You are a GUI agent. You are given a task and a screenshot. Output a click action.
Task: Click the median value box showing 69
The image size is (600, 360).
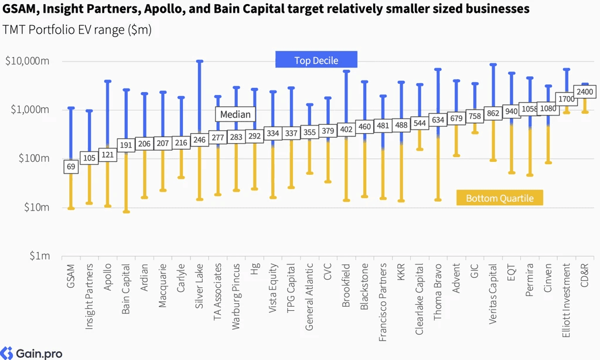coord(71,167)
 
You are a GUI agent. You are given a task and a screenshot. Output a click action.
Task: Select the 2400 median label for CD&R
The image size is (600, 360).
coord(585,92)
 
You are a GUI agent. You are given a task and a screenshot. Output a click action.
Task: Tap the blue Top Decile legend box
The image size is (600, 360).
coord(316,60)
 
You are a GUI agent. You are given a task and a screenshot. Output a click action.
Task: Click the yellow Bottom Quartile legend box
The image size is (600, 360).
coord(499,198)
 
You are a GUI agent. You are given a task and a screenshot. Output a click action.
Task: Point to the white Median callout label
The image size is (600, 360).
coord(236,114)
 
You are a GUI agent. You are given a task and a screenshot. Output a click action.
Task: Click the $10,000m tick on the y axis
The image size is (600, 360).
coord(27,61)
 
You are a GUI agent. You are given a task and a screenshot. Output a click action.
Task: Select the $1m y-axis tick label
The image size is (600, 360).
coord(40,256)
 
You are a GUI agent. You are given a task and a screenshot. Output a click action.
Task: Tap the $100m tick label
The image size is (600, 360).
coord(33,158)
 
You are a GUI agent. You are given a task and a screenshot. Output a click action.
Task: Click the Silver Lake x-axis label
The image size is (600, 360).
coord(199,286)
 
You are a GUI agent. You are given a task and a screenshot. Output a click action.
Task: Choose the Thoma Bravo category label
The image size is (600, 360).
coord(438,292)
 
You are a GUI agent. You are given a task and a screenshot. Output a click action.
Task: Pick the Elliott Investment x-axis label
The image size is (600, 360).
coord(567,300)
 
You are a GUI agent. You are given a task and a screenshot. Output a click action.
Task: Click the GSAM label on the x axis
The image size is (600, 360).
coord(71,276)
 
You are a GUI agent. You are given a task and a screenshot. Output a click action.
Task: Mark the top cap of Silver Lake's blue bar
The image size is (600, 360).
coord(200,62)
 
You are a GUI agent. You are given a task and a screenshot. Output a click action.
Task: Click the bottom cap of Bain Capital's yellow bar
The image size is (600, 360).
coord(127,212)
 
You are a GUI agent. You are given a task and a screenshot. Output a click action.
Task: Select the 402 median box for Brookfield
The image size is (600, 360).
coord(346,130)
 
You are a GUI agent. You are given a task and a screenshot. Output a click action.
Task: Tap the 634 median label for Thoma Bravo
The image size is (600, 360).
coord(438,120)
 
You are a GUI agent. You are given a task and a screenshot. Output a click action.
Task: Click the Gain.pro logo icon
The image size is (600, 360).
coord(6,353)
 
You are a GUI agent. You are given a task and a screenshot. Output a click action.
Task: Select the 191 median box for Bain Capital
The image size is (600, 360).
coord(126,145)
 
